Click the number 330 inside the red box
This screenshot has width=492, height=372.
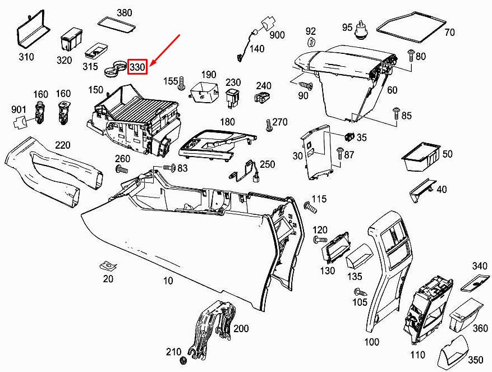(137, 67)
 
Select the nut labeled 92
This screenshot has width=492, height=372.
(311, 41)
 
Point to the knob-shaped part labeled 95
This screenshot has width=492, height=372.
(361, 30)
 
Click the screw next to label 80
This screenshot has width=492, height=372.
(411, 56)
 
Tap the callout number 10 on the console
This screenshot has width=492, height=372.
(168, 281)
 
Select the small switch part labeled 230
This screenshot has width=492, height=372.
(232, 98)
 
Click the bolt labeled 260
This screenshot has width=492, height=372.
(122, 169)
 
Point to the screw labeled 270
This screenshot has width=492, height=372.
(269, 125)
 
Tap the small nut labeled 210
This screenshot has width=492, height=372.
(183, 360)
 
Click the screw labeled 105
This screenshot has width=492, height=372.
(361, 292)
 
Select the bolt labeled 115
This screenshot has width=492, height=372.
(310, 207)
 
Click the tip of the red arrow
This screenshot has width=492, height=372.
(150, 66)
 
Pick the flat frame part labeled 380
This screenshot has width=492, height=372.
(117, 25)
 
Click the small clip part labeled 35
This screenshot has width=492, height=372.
(349, 136)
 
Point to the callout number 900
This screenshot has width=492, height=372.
(277, 35)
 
